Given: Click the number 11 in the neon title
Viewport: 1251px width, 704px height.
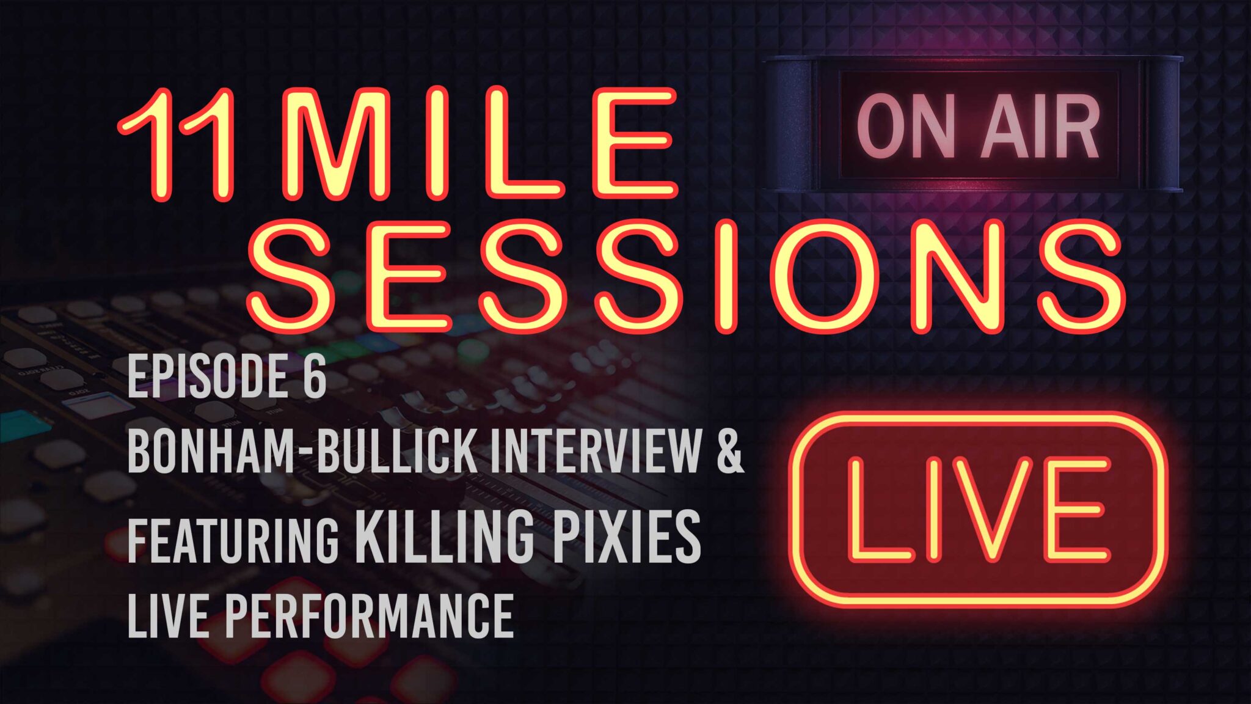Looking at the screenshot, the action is (178, 144).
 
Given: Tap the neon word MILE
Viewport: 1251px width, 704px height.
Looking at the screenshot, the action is (478, 144).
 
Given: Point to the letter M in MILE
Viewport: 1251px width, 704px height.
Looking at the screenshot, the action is (335, 144).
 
